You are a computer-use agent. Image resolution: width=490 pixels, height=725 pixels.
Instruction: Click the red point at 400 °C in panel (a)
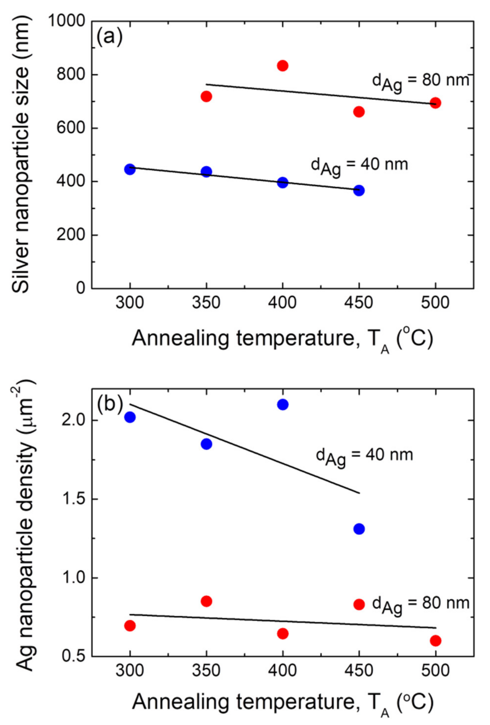click(282, 66)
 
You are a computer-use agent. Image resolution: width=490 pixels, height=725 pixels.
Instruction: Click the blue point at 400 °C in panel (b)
click(282, 405)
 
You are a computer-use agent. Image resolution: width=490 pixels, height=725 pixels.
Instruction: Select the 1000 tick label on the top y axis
click(66, 21)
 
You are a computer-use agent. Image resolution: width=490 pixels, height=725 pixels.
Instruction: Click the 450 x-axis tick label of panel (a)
click(359, 303)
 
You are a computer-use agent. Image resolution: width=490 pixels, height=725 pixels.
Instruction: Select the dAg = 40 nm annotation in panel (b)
click(364, 457)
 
